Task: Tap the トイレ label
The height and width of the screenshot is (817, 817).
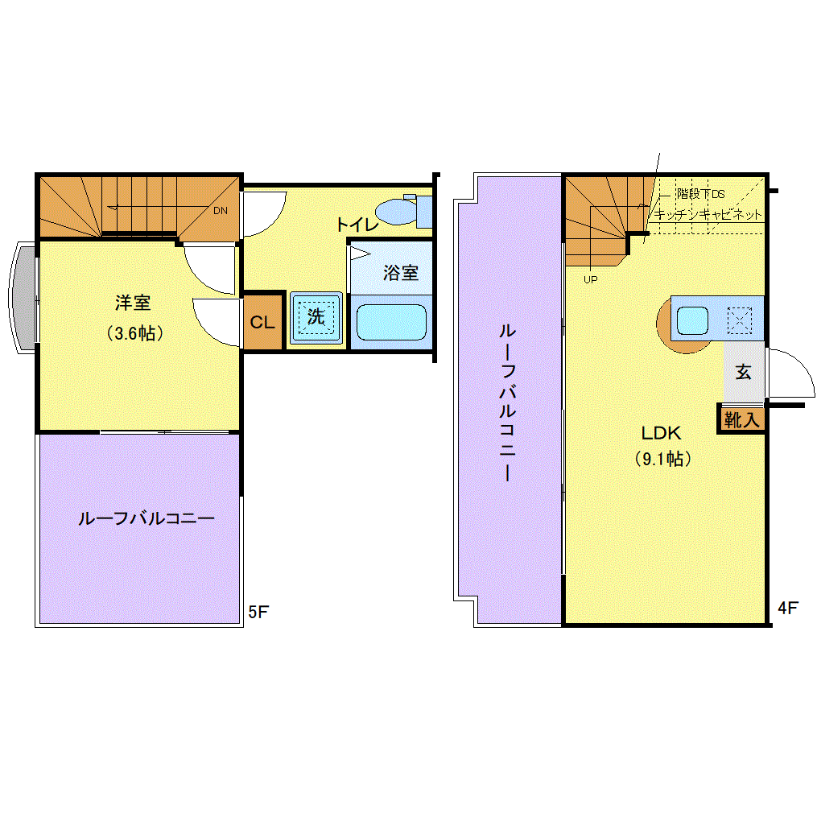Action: pyautogui.click(x=357, y=225)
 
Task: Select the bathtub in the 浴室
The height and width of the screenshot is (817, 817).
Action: pyautogui.click(x=391, y=323)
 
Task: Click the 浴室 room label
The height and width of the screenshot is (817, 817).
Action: pyautogui.click(x=401, y=273)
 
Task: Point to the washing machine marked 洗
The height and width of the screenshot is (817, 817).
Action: pyautogui.click(x=316, y=317)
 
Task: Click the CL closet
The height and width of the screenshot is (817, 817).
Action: pyautogui.click(x=262, y=322)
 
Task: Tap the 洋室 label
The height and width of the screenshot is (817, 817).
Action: pyautogui.click(x=133, y=303)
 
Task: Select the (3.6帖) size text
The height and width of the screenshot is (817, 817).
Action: pyautogui.click(x=135, y=333)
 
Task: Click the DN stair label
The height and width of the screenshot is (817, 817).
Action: pyautogui.click(x=221, y=211)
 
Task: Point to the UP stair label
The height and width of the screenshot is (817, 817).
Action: pyautogui.click(x=590, y=280)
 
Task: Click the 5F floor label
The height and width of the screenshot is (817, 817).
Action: pyautogui.click(x=258, y=612)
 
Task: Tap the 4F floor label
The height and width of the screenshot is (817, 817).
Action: pyautogui.click(x=788, y=608)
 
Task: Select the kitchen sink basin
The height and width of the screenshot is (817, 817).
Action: pyautogui.click(x=692, y=320)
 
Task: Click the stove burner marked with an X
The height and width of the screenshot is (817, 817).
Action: pyautogui.click(x=740, y=320)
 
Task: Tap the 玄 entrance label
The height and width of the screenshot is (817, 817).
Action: pyautogui.click(x=743, y=372)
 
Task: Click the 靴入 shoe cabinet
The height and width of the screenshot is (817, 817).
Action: pyautogui.click(x=742, y=419)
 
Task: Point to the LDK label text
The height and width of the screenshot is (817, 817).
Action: pyautogui.click(x=661, y=432)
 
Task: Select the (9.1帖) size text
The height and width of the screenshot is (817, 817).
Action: pyautogui.click(x=662, y=459)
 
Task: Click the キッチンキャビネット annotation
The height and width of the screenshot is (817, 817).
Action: pyautogui.click(x=708, y=214)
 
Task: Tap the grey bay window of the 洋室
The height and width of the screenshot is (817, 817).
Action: pyautogui.click(x=23, y=298)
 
